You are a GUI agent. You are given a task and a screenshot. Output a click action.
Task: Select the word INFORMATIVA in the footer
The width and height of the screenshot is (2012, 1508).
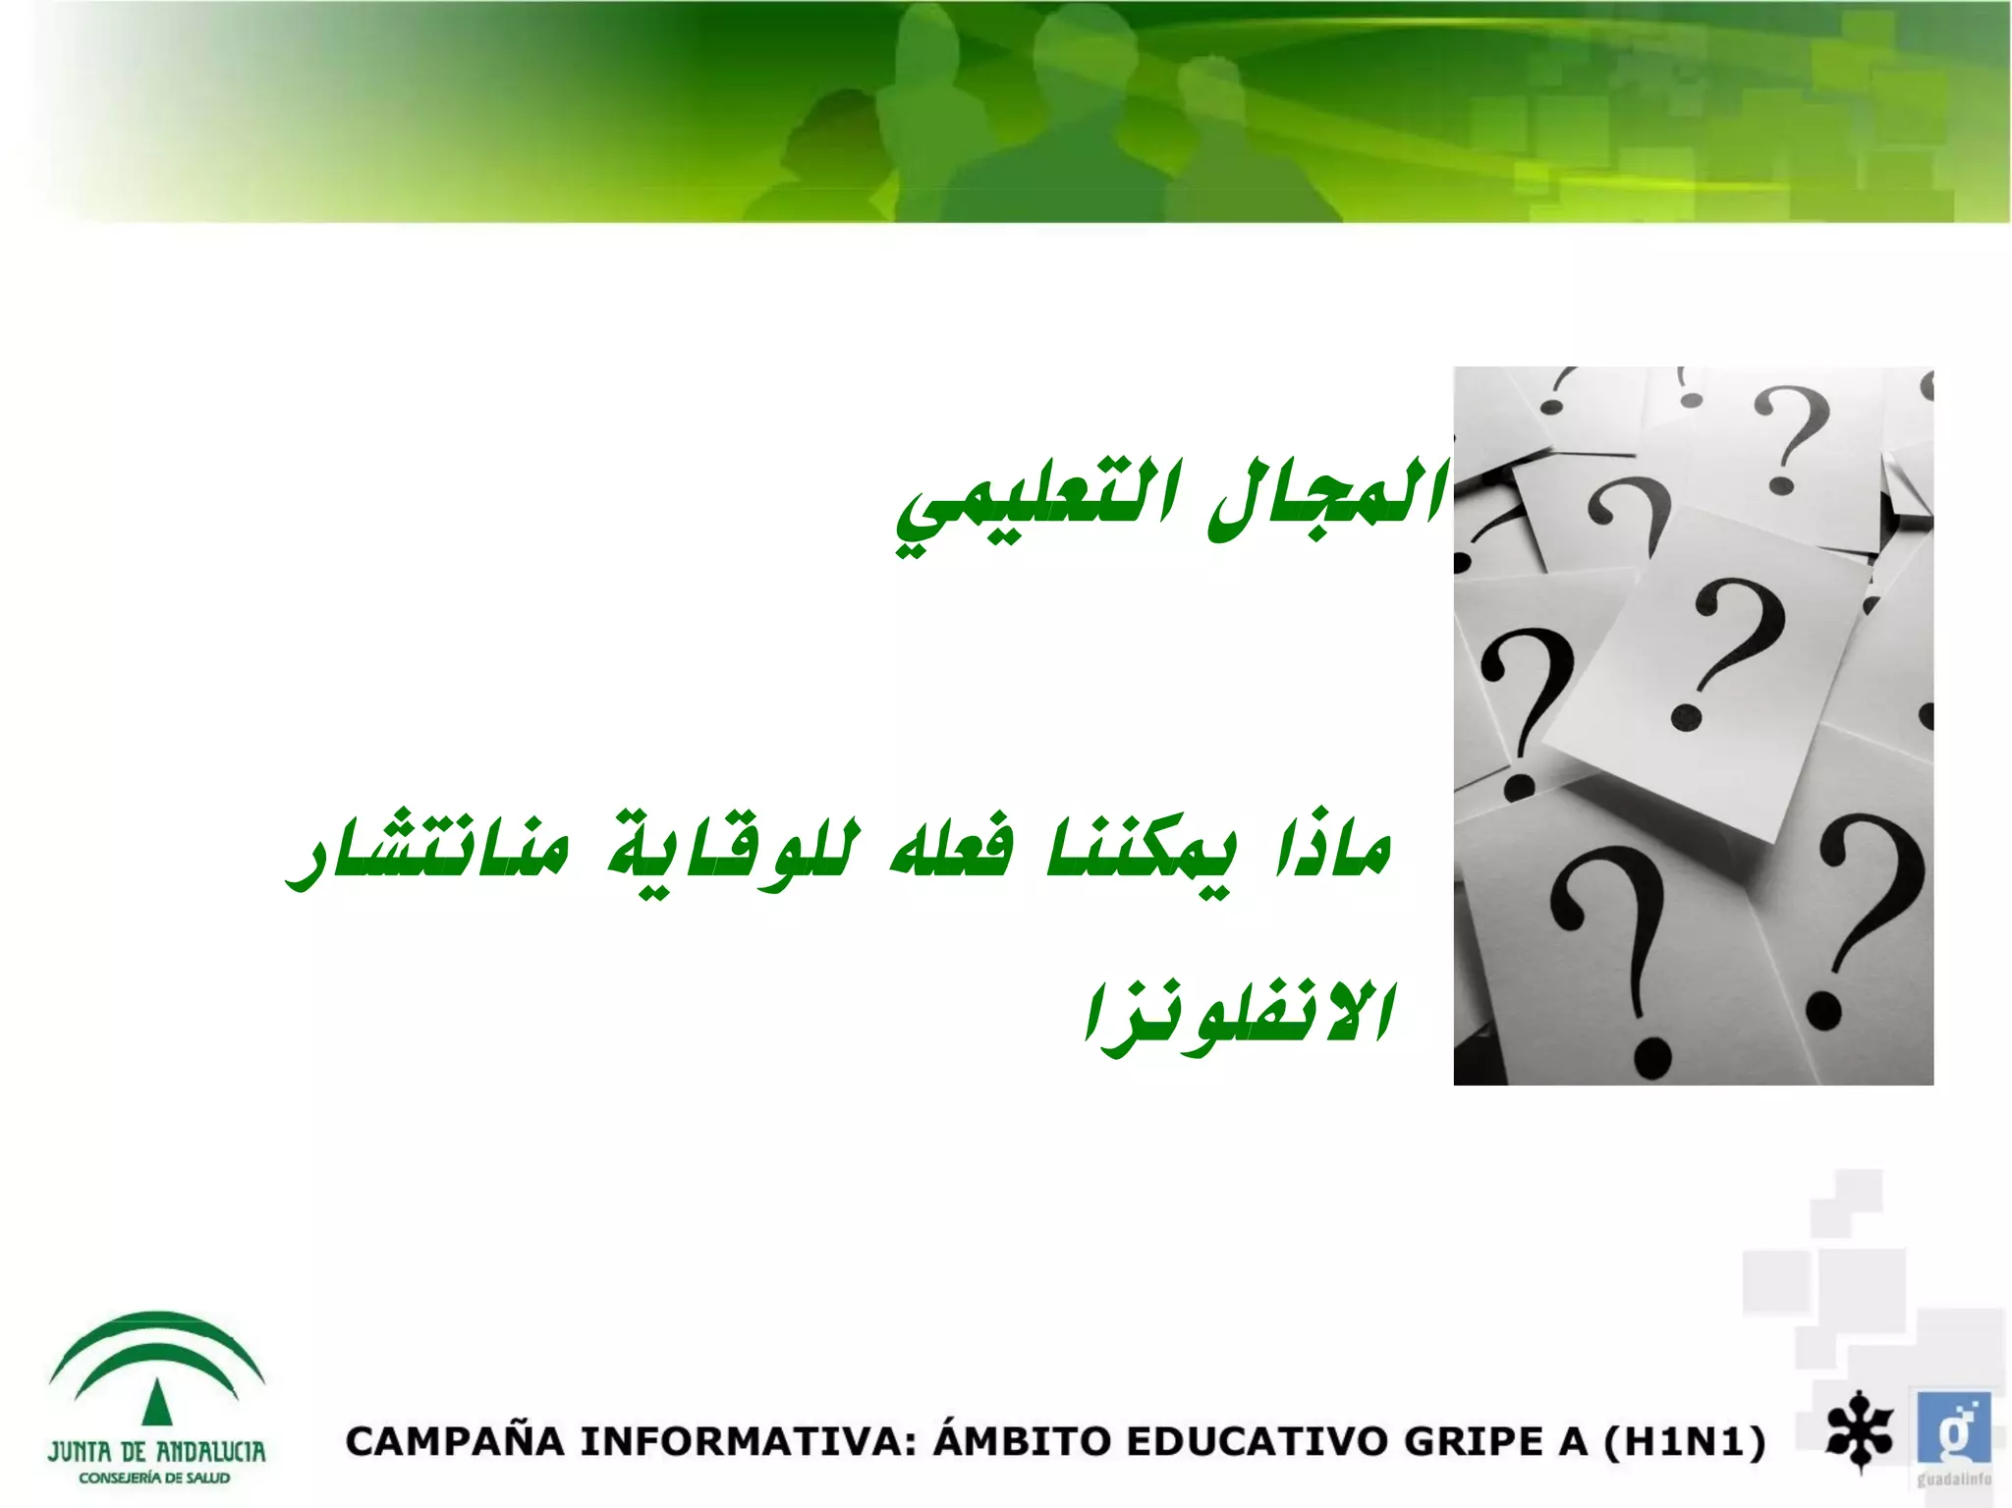pos(748,1442)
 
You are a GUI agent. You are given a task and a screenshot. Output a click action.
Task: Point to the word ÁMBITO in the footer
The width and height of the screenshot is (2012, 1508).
pos(1021,1440)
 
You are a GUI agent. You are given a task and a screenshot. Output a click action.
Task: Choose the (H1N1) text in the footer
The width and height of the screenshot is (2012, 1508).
pos(1684,1442)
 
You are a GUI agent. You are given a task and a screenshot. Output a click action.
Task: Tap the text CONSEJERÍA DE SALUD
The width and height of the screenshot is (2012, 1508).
pos(155,1479)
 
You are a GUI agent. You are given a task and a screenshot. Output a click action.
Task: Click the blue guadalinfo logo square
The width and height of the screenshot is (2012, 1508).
pos(1952,1427)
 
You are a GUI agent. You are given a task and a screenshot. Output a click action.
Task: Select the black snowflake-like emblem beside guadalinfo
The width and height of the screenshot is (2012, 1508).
pos(1859,1430)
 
